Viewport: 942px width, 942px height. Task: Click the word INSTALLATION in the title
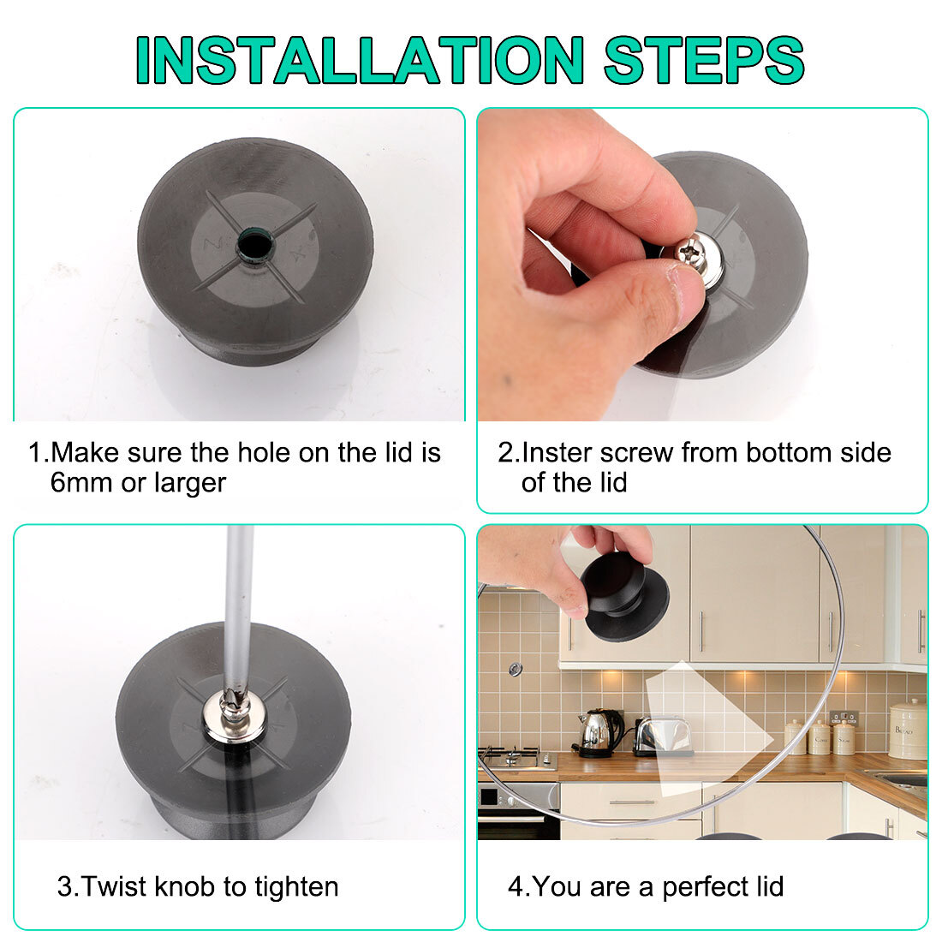360,60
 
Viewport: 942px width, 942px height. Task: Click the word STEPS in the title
704,60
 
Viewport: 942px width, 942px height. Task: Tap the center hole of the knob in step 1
254,245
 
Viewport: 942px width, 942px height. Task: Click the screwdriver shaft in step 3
239,607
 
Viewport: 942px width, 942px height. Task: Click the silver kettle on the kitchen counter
599,732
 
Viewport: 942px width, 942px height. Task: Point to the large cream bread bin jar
908,729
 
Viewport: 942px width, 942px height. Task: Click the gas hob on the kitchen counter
516,758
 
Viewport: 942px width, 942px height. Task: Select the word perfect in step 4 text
697,887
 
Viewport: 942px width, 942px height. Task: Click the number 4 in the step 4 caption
516,887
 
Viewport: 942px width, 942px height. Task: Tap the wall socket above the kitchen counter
844,718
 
